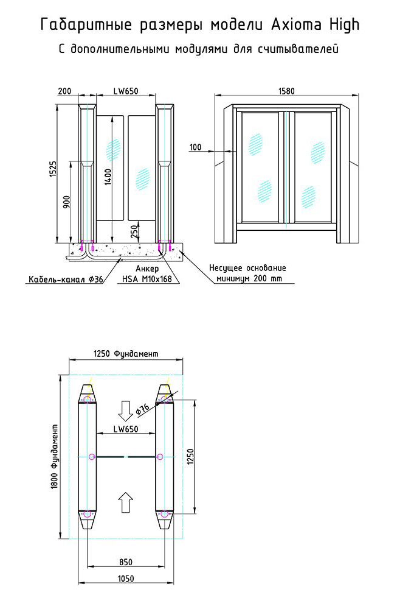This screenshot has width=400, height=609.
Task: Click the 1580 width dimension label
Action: coord(286,91)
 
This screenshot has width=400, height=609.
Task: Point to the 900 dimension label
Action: coord(67,201)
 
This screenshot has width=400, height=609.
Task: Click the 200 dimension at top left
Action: coord(64,91)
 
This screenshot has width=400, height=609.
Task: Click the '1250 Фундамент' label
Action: coord(126,353)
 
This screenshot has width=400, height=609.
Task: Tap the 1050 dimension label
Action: coord(126,579)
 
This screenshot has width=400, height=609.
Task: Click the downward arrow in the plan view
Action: coord(126,412)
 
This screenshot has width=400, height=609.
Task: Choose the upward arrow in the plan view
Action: coord(126,502)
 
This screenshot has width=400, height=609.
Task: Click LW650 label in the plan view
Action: coord(126,429)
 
